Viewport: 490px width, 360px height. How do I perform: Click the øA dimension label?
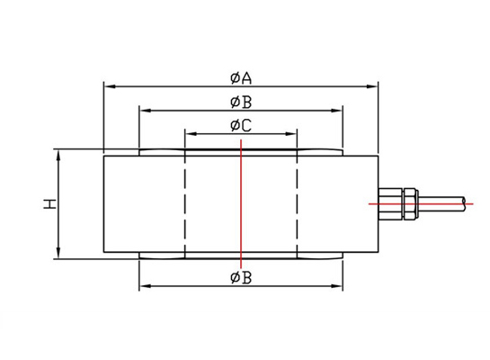[241, 78]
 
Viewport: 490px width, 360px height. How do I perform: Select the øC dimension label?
[241, 126]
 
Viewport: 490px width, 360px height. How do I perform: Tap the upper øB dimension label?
[241, 102]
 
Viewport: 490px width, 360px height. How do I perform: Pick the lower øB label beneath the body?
[241, 278]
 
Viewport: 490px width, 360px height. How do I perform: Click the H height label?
[49, 203]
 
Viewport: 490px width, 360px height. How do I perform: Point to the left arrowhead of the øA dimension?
[110, 86]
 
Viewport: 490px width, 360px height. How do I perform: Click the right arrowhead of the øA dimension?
[372, 86]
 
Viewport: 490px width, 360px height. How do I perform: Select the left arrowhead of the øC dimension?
[192, 134]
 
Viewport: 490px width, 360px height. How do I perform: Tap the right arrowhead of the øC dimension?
[290, 134]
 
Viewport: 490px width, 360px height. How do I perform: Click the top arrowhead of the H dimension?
[58, 156]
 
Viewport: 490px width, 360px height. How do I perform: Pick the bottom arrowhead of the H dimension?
[58, 253]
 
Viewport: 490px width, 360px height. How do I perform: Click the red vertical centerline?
[241, 203]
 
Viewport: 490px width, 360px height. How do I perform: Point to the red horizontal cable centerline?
[421, 204]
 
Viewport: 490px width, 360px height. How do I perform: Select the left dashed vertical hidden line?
[185, 203]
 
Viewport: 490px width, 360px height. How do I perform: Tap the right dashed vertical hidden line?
[297, 203]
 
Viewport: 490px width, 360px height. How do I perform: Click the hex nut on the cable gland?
[410, 203]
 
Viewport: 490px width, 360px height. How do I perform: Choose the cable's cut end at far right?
[464, 203]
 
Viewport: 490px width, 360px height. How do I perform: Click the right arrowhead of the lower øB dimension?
[336, 286]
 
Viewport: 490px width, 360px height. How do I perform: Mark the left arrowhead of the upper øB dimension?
[146, 111]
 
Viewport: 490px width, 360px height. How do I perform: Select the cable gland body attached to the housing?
[390, 203]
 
